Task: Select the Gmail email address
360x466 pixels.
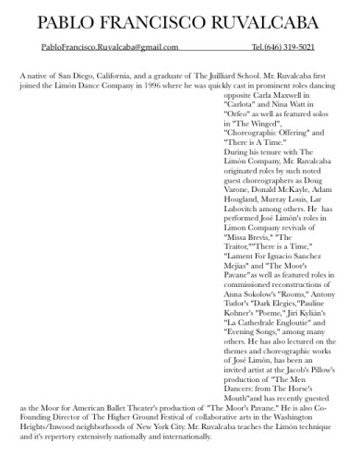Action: pos(110,47)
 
